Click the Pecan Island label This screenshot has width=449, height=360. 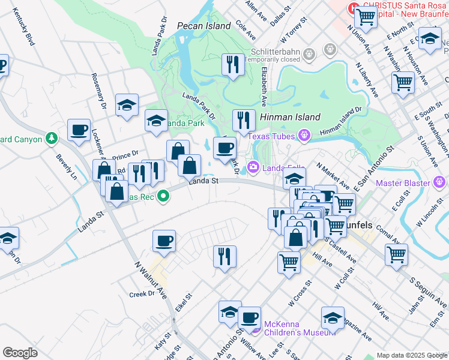[x=204, y=26]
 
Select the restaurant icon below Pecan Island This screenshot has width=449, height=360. [x=233, y=64]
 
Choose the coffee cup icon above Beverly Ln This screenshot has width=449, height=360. [x=79, y=130]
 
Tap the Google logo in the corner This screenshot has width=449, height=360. [x=20, y=353]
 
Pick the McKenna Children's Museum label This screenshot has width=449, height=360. [x=295, y=328]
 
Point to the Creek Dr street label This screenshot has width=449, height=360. [x=142, y=295]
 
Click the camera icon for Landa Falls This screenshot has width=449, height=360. [x=253, y=167]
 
